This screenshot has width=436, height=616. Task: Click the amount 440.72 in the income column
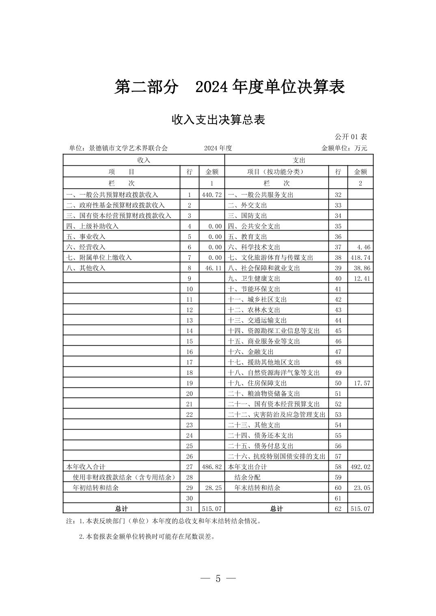(x=212, y=195)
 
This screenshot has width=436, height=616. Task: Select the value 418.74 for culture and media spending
(x=360, y=258)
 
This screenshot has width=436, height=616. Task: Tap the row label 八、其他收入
(x=86, y=268)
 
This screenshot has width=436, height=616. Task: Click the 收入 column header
(x=144, y=160)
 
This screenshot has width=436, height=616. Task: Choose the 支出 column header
(x=299, y=160)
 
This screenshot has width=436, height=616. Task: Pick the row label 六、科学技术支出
(x=254, y=247)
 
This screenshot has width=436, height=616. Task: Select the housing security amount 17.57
(x=362, y=383)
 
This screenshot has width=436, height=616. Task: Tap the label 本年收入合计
(x=86, y=467)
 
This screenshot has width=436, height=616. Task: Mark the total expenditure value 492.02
(x=360, y=467)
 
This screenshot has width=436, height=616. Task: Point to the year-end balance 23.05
(x=362, y=488)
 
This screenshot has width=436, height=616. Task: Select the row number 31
(x=190, y=509)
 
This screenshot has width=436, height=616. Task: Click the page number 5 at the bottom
(x=218, y=579)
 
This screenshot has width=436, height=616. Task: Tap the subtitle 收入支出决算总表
(x=218, y=120)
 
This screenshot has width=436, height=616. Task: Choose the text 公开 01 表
(x=351, y=137)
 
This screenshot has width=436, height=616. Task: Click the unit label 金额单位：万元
(x=344, y=148)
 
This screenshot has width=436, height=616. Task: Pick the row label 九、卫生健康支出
(x=254, y=278)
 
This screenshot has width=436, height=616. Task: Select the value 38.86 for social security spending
(x=362, y=268)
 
